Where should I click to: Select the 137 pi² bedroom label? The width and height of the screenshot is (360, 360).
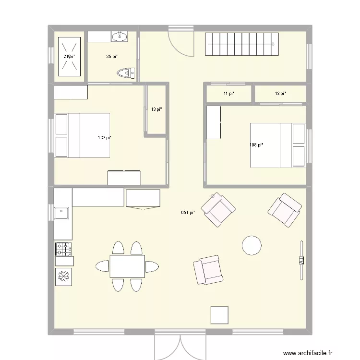pos(105,138)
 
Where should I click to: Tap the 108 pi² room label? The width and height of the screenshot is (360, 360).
pos(256,145)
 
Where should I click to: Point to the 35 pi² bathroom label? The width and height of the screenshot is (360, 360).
pos(112,57)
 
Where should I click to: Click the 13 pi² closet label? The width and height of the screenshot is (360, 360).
pos(156,109)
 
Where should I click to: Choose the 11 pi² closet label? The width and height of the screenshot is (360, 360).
pos(229,94)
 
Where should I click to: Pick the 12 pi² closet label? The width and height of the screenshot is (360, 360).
pos(280,94)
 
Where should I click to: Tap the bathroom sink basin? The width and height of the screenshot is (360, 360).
pos(119,36)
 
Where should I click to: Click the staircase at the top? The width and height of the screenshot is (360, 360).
pos(242,44)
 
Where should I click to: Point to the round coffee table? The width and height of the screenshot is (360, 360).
pos(252,245)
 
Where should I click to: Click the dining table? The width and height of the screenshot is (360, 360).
pos(127,266)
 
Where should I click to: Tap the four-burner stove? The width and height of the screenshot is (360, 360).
pos(63,248)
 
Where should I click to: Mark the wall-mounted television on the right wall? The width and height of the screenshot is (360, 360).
pos(301,260)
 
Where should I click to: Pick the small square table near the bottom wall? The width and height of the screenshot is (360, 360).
pos(220,315)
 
